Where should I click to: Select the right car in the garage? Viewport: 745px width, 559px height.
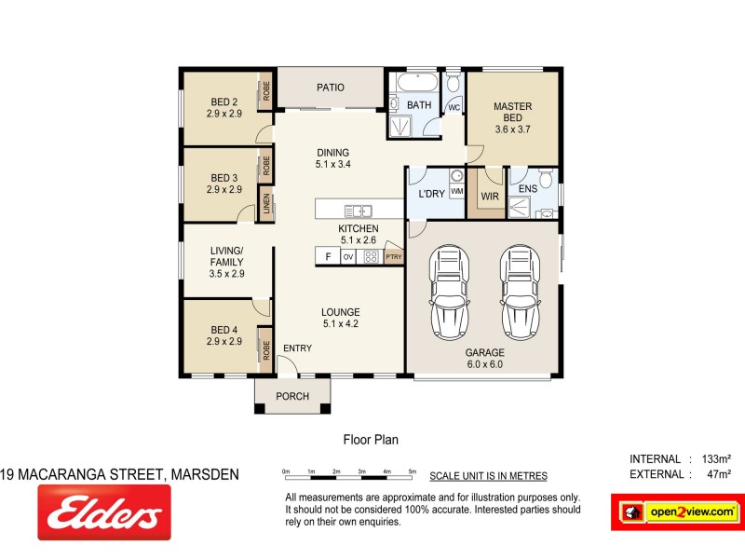pos(517,293)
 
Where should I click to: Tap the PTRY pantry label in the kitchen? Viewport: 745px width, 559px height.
pos(394,256)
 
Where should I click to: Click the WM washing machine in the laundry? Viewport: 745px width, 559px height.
pos(457,191)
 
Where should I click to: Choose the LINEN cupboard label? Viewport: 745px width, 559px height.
pos(266,204)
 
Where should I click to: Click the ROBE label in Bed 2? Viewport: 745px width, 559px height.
pos(266,91)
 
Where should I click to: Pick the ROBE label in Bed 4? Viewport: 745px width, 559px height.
pos(266,350)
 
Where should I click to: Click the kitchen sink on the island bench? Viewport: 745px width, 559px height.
pos(359,210)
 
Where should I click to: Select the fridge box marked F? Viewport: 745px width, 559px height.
pos(327,256)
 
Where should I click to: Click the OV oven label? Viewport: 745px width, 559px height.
pos(348,256)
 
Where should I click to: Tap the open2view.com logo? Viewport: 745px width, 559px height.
pos(678,511)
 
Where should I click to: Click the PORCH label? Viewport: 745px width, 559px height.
pos(293,396)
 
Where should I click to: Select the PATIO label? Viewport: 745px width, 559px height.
pos(331,88)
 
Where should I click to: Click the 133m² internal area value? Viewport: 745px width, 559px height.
pos(714,458)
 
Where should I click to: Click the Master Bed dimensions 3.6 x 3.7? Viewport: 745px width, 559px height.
pos(512,130)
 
